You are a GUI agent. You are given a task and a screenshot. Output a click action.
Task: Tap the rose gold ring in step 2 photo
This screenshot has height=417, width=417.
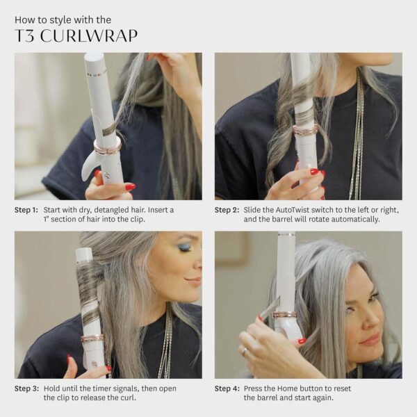click(x=305, y=129)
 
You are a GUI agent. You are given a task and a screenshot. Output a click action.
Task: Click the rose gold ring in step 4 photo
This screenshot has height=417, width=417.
click(x=285, y=314)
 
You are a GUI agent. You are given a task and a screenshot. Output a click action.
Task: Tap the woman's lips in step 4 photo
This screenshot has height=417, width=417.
click(x=370, y=339)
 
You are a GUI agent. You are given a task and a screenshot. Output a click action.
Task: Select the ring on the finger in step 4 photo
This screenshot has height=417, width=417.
click(x=245, y=351)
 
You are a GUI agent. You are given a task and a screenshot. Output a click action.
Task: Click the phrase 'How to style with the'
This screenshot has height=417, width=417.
click(x=63, y=19)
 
